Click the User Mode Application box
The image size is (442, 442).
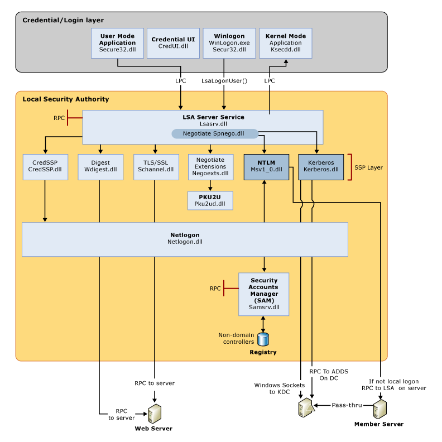pyautogui.click(x=117, y=43)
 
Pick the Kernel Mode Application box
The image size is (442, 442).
pyautogui.click(x=285, y=43)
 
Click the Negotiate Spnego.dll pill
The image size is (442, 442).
pyautogui.click(x=214, y=134)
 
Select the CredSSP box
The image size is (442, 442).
pyautogui.click(x=45, y=166)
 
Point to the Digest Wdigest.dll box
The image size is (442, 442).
pyautogui.click(x=100, y=166)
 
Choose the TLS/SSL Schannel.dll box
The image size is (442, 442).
pyautogui.click(x=156, y=166)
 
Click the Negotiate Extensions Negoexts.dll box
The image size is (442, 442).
pyautogui.click(x=210, y=166)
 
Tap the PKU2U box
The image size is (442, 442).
pyautogui.click(x=210, y=201)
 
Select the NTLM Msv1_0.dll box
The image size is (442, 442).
pyautogui.click(x=267, y=166)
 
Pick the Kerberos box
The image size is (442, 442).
pyautogui.click(x=320, y=166)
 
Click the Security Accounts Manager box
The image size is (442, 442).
pyautogui.click(x=264, y=294)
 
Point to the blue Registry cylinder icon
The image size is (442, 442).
pyautogui.click(x=263, y=338)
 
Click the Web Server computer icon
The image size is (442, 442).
pyautogui.click(x=155, y=414)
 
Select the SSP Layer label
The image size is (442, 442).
pyautogui.click(x=368, y=167)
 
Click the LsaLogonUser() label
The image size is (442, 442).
pyautogui.click(x=224, y=80)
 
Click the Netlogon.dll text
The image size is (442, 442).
pyautogui.click(x=185, y=242)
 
